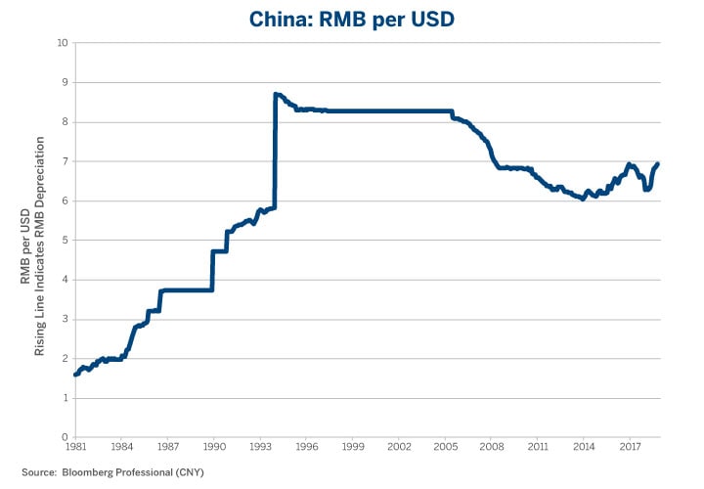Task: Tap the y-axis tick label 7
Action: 64,161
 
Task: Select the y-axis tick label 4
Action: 64,280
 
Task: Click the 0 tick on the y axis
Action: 64,437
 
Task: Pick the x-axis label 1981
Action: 75,447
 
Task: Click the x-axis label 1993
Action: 260,447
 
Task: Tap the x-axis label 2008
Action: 492,447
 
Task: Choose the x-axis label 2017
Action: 631,447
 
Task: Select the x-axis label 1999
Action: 353,447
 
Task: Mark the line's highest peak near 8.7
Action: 277,94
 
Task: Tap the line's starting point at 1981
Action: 75,374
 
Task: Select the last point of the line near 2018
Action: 657,163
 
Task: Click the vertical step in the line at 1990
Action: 212,270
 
